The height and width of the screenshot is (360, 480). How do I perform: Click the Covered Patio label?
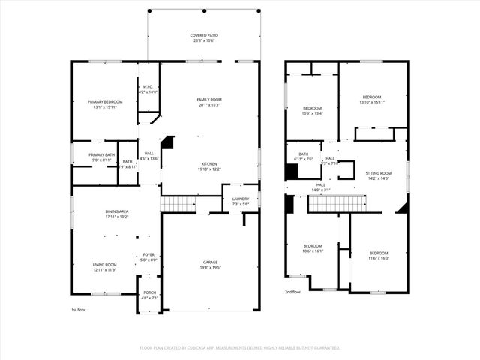204,34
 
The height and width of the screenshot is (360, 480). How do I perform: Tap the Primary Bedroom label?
105,101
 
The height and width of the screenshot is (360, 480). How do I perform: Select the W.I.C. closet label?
148,86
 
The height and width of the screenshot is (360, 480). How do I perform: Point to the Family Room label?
209,100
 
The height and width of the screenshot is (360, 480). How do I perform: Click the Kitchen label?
209,164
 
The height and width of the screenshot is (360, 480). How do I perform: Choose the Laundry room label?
240,199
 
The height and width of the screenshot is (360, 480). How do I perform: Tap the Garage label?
210,262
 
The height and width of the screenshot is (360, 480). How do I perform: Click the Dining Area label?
116,212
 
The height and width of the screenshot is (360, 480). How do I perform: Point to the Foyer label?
149,256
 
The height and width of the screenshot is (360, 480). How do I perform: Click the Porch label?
149,292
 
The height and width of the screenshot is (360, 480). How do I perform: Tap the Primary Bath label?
101,155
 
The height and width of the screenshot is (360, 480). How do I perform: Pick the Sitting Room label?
379,173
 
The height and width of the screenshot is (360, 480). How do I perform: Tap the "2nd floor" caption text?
292,292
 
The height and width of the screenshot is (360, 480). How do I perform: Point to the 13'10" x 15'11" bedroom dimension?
372,102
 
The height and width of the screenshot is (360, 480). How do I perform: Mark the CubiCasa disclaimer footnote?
240,347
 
